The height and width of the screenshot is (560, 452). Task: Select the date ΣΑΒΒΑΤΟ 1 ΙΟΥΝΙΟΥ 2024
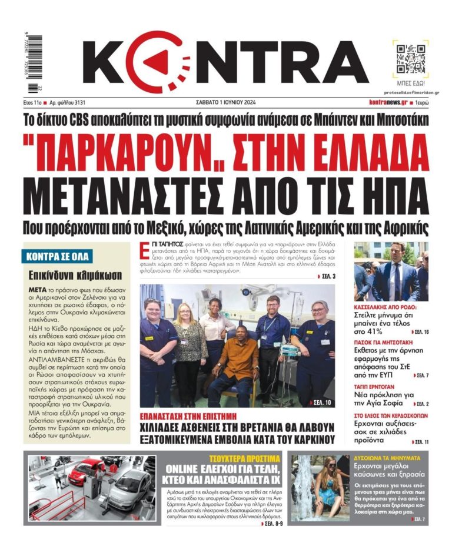[225, 102]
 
